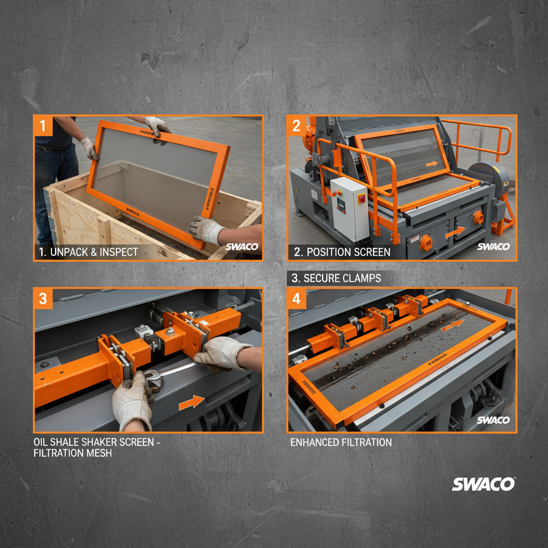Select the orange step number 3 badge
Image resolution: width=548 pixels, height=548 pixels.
(43, 299)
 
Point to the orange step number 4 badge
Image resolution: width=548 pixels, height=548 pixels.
(296, 299)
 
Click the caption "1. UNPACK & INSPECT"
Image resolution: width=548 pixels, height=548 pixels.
(88, 252)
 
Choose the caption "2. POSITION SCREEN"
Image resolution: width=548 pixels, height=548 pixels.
(341, 252)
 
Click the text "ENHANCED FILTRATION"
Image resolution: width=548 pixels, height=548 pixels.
(341, 443)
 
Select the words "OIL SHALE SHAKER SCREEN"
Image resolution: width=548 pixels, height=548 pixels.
(96, 443)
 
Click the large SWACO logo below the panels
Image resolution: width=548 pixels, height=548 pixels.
(483, 484)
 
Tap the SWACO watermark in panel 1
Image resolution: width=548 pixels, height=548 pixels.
(241, 247)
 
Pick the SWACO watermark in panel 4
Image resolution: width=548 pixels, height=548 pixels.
(493, 420)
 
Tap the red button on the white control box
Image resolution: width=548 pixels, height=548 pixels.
(361, 199)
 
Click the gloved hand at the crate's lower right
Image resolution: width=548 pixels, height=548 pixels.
(207, 230)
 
